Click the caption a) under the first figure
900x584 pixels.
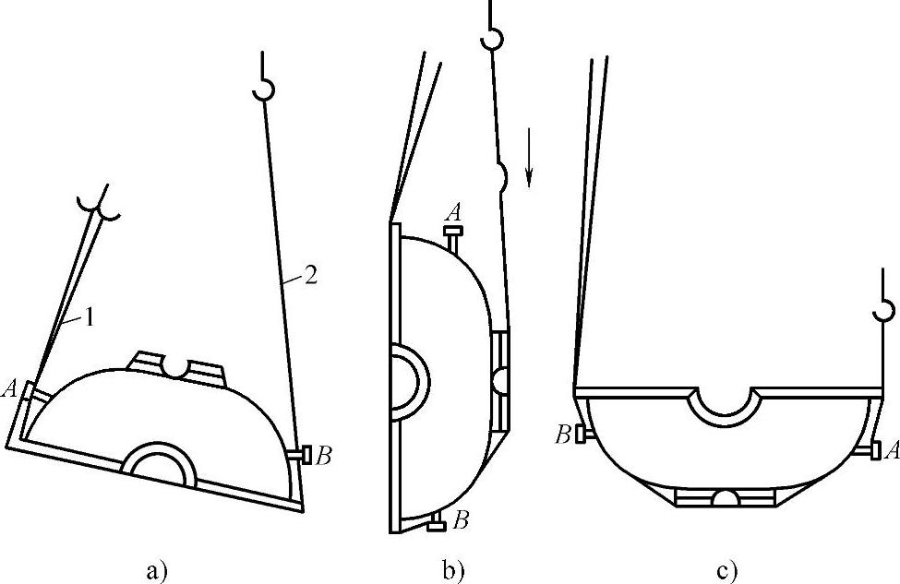(x=157, y=571)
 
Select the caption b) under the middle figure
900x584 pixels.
(x=453, y=571)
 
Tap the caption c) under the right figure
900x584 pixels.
(x=727, y=571)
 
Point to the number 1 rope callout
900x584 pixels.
(x=89, y=317)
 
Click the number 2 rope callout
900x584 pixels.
(x=309, y=277)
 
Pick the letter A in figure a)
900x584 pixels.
(x=10, y=389)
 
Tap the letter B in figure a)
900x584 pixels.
(x=323, y=456)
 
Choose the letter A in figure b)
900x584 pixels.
(x=453, y=213)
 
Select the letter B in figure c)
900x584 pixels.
(x=563, y=435)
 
